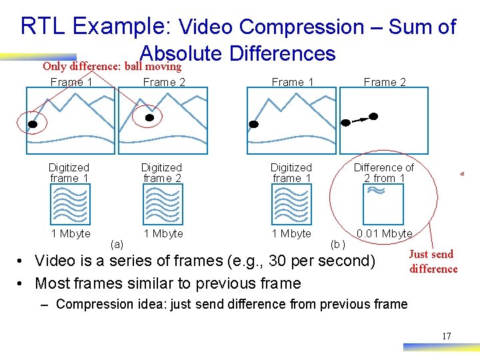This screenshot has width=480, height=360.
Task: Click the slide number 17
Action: click(446, 335)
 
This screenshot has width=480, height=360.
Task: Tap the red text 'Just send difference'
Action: click(433, 261)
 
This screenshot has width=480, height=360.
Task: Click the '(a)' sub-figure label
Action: click(116, 245)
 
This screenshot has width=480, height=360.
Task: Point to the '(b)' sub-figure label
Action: click(338, 245)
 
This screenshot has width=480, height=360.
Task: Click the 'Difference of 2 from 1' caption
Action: click(383, 173)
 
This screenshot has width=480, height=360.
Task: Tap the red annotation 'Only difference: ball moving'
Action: click(112, 66)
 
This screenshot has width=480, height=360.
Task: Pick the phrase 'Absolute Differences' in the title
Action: click(237, 53)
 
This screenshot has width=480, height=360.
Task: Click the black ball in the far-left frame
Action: click(32, 123)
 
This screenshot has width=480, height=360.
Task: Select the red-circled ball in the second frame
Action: click(150, 117)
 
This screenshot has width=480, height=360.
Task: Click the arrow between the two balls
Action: click(360, 119)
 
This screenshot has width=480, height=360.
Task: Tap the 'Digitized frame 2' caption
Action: click(161, 173)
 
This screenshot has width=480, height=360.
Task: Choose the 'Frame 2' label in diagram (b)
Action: click(384, 82)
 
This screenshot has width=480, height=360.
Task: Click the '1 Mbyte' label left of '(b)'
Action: click(291, 233)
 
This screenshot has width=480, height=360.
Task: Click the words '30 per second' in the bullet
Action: click(320, 261)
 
